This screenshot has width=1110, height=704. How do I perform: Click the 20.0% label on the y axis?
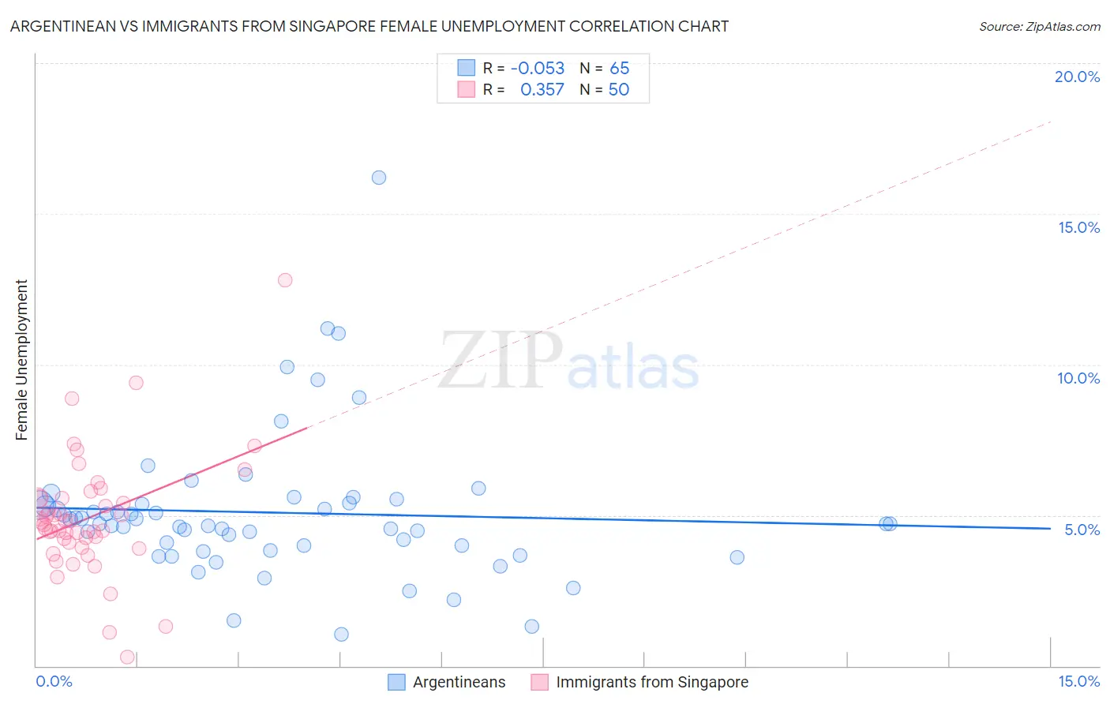(x=1077, y=77)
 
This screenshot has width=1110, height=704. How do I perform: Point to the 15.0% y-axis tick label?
(x=1078, y=227)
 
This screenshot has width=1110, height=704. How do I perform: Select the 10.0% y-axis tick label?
(x=1078, y=378)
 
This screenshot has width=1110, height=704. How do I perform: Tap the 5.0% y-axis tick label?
(x=1082, y=530)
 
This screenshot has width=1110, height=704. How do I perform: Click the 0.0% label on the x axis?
(x=54, y=681)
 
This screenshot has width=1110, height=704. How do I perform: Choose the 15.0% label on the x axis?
(x=1078, y=681)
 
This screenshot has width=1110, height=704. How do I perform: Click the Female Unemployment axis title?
(x=21, y=360)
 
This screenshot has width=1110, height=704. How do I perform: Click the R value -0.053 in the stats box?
(x=538, y=69)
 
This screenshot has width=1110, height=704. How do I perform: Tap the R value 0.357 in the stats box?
(x=542, y=90)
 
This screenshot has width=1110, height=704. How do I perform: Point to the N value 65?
(x=620, y=69)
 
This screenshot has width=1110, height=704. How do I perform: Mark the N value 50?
(x=619, y=90)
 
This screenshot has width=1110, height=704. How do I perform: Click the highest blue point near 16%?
(x=379, y=178)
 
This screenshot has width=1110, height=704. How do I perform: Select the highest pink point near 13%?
(x=285, y=280)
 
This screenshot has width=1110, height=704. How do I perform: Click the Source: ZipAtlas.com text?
(x=1039, y=27)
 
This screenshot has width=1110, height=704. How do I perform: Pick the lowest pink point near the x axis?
(x=126, y=657)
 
